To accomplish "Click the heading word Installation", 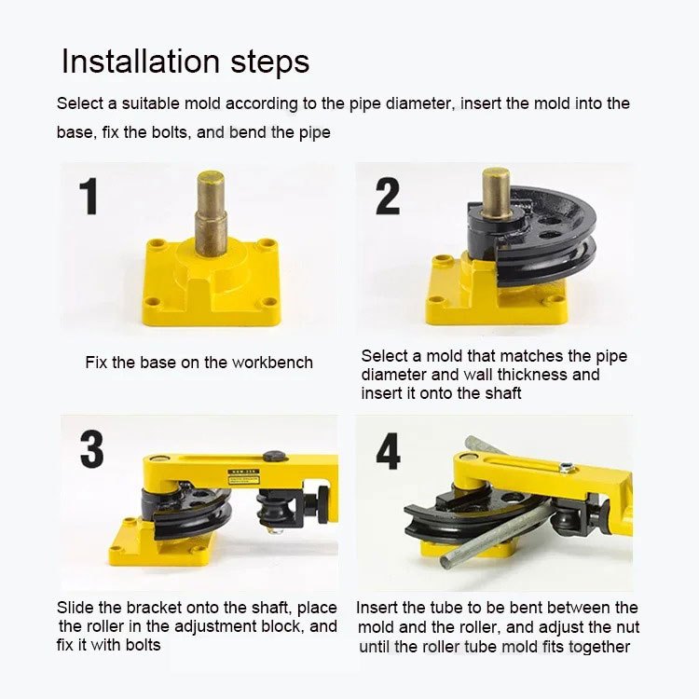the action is tap(141, 62).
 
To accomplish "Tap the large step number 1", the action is tap(89, 196).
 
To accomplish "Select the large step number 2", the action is tap(388, 196).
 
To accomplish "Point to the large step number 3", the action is tap(92, 449).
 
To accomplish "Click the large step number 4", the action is tap(388, 451).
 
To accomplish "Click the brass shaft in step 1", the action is tap(211, 213).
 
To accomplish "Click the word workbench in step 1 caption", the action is tap(272, 363).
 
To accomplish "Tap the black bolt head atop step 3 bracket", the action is tap(274, 456).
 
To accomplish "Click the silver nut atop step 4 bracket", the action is tap(566, 467).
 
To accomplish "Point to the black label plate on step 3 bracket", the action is tap(243, 476).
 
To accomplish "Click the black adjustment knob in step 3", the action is tap(322, 504).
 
